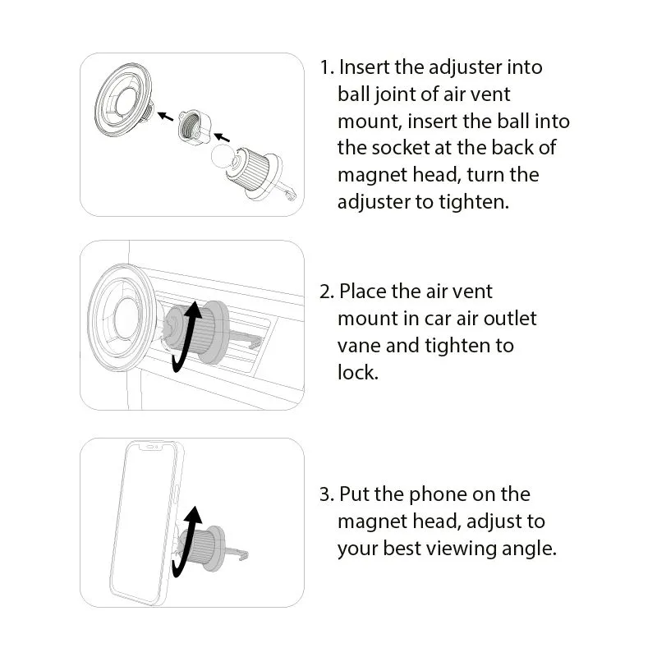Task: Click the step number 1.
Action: pyautogui.click(x=325, y=67)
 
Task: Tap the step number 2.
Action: pyautogui.click(x=326, y=292)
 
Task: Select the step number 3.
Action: pyautogui.click(x=326, y=494)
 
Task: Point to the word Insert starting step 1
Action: pyautogui.click(x=365, y=67)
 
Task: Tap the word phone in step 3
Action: pyautogui.click(x=436, y=494)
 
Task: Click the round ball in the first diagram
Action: pyautogui.click(x=223, y=158)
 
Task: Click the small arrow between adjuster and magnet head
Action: pyautogui.click(x=166, y=117)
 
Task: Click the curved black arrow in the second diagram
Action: pyautogui.click(x=186, y=337)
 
